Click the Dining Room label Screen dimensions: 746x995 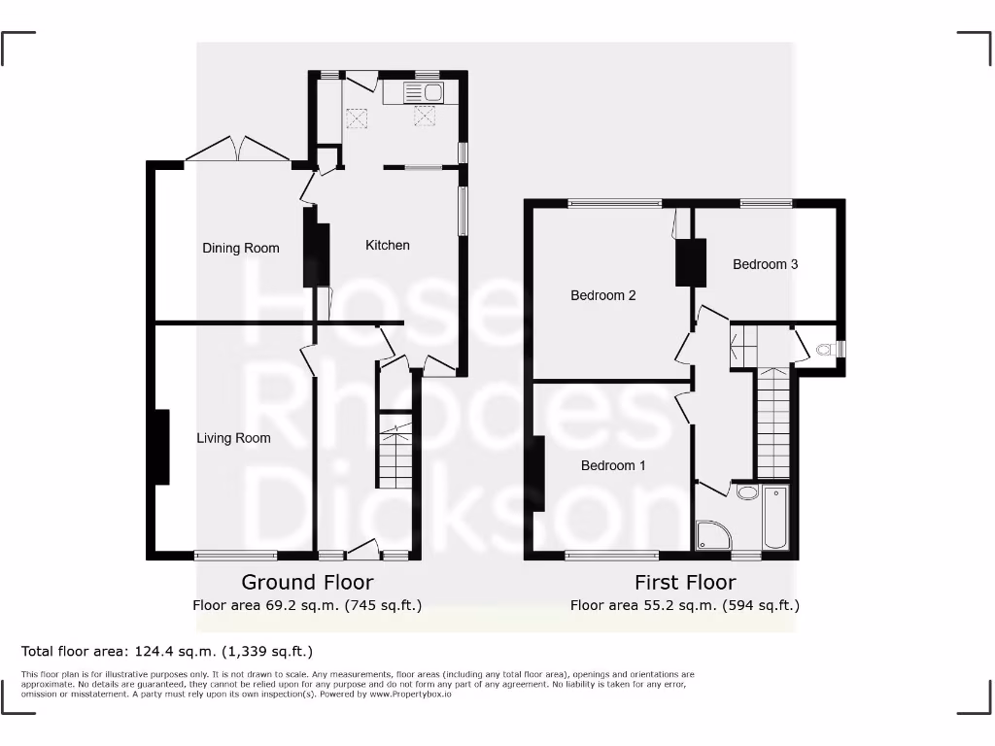click(x=240, y=249)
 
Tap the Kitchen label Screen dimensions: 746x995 click(x=387, y=246)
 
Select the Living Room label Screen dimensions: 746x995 click(x=233, y=438)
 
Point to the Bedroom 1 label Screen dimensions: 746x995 click(x=613, y=466)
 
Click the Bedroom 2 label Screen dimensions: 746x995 click(x=602, y=295)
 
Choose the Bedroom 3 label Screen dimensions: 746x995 click(x=766, y=264)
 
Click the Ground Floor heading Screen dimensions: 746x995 click(x=307, y=583)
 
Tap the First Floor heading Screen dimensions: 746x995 click(x=685, y=583)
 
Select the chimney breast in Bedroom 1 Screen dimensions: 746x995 click(x=537, y=474)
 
